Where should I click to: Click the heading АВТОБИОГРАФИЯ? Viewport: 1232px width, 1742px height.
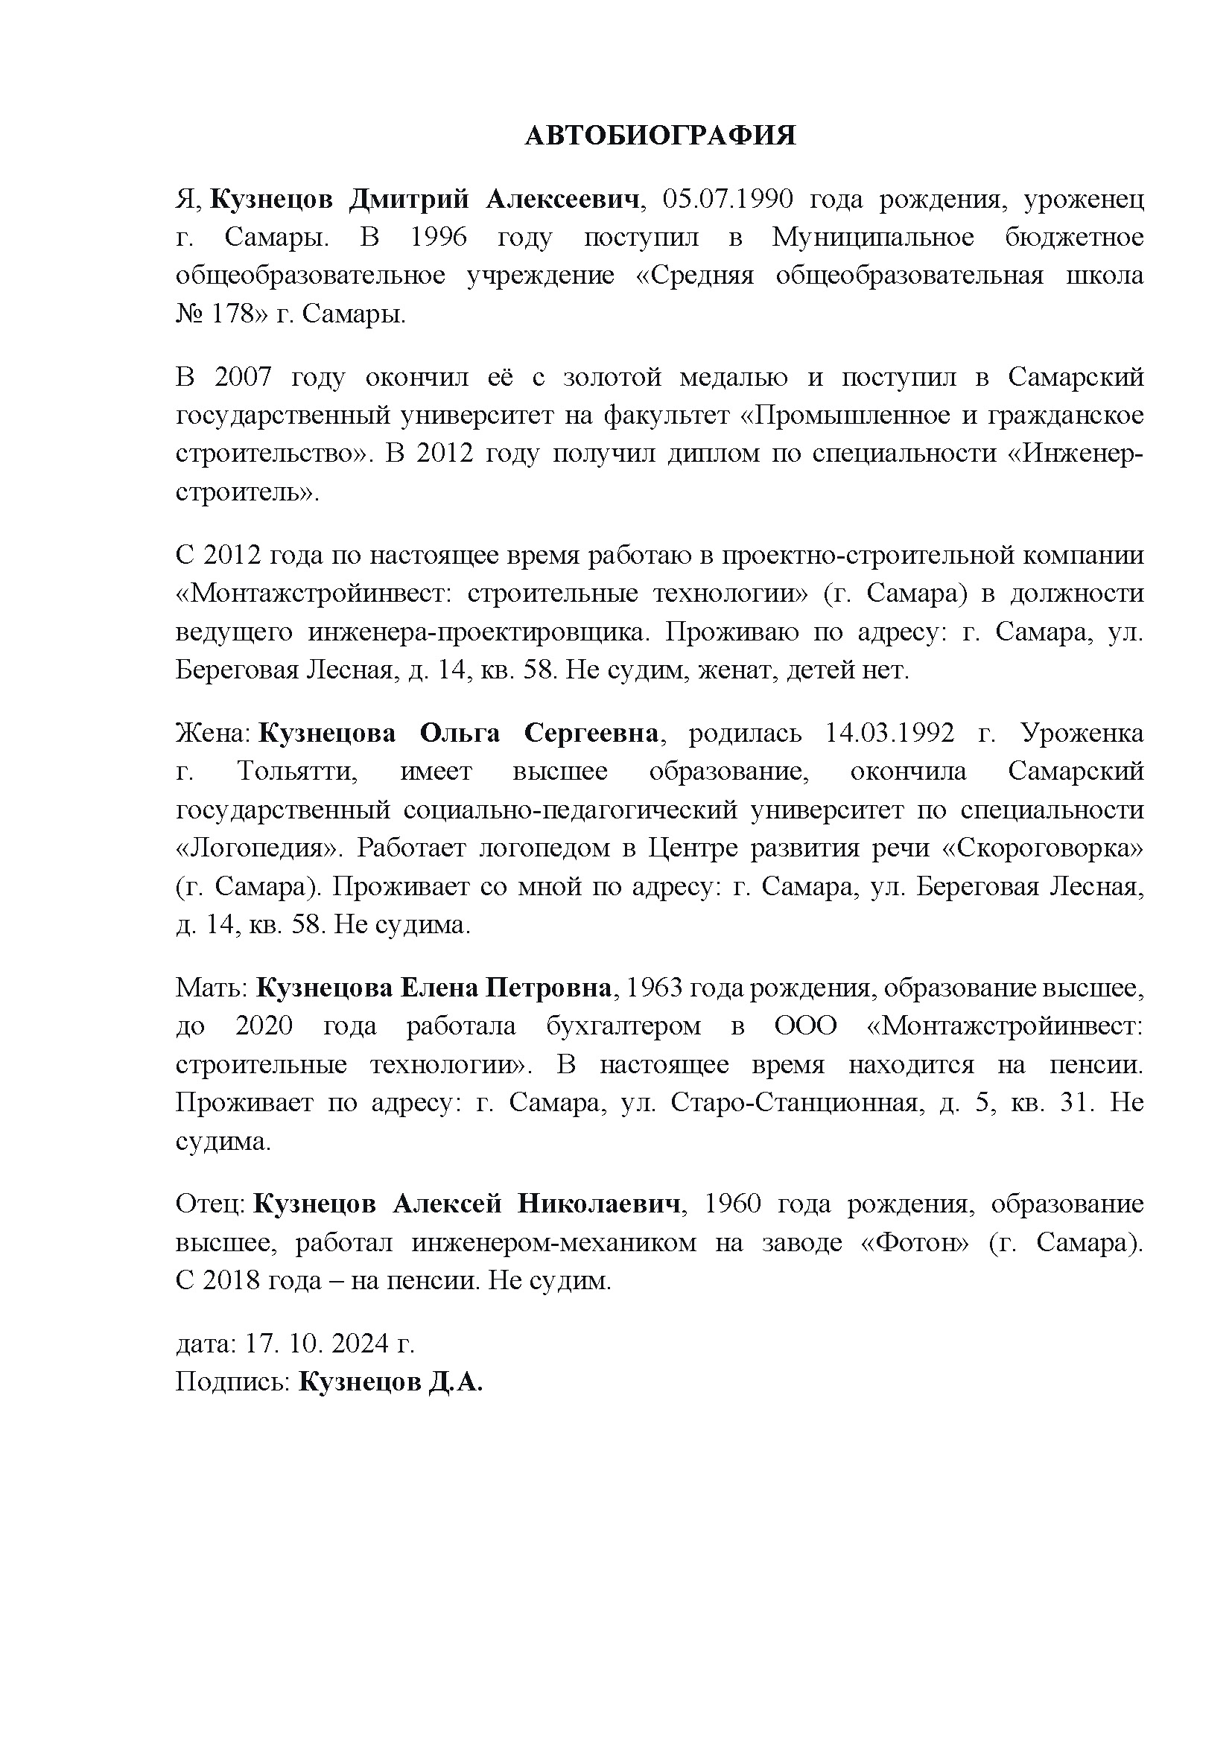pos(660,136)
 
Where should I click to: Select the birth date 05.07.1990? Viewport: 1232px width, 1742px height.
pos(728,200)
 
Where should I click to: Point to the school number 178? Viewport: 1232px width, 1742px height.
pos(231,314)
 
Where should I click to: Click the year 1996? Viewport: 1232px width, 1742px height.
pos(439,238)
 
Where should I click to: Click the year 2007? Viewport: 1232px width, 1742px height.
pos(244,377)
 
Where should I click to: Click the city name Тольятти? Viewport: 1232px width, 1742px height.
pos(296,772)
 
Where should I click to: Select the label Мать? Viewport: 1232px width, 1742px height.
pos(212,988)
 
